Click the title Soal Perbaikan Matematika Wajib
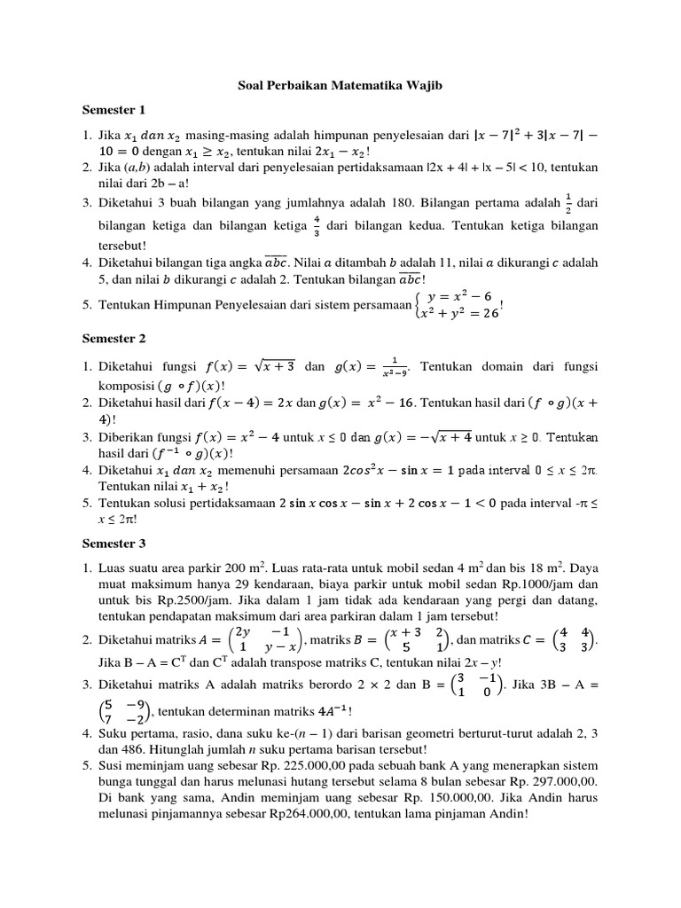pos(340,86)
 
